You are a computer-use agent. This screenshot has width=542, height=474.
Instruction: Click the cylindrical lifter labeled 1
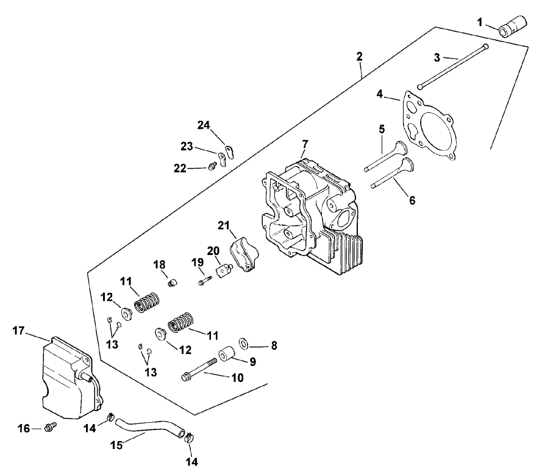[512, 27]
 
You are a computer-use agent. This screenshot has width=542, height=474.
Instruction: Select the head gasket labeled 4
[430, 125]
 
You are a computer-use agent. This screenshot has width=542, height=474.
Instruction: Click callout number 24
[202, 126]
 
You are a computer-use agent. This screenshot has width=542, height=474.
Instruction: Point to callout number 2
[360, 56]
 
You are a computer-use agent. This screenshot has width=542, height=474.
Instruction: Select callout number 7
[305, 145]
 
